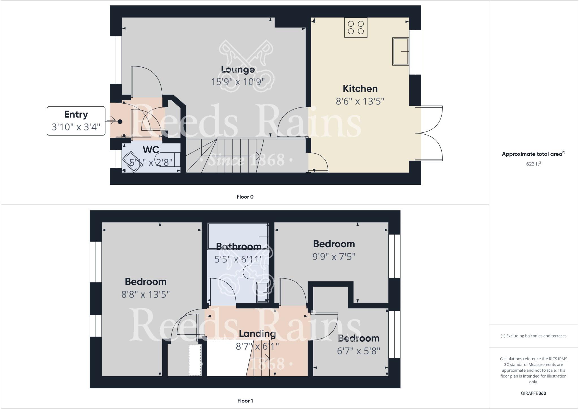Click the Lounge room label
coord(238,70)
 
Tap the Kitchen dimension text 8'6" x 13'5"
coord(360,101)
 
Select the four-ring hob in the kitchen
coord(356,27)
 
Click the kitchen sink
coord(401,51)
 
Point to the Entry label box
coord(76,121)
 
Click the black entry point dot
coord(120,122)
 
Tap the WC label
coord(151,149)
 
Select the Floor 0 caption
coord(245,197)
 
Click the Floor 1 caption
coord(245,401)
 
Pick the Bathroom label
coord(238,246)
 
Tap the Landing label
coord(257,334)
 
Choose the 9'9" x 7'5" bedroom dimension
coord(334,257)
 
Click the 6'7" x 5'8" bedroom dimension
coord(358,351)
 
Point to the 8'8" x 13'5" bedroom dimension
coord(145,294)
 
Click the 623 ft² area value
coord(533,164)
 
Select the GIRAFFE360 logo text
coord(533,393)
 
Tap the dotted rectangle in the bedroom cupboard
coord(195,360)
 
